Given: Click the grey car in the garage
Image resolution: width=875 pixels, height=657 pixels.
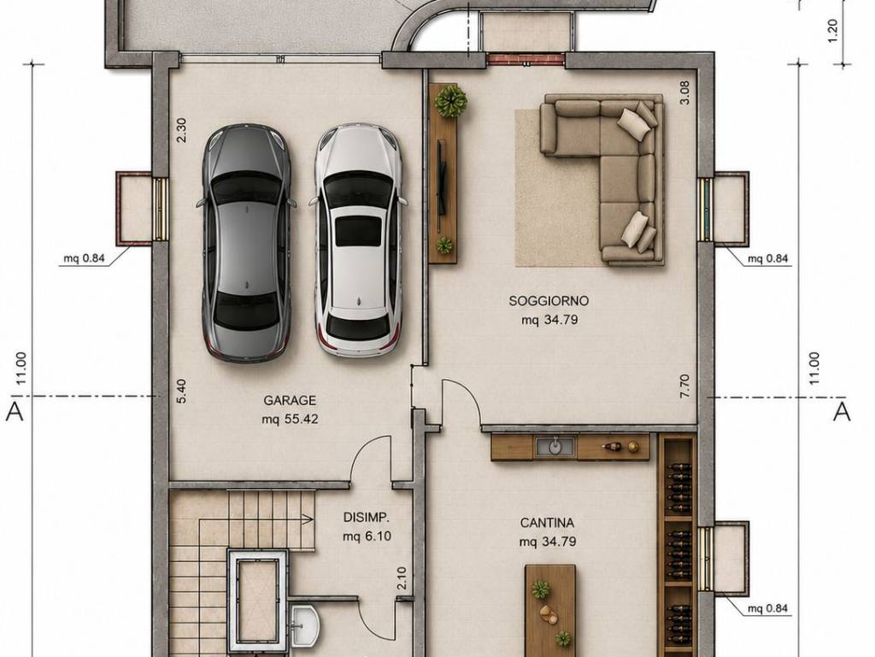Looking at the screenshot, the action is click(246, 242).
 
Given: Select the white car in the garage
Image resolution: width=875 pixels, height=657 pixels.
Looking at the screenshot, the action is click(358, 240).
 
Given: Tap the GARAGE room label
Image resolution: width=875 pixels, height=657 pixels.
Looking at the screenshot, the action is click(290, 400).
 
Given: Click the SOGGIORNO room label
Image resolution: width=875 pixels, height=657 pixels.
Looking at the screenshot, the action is click(549, 301).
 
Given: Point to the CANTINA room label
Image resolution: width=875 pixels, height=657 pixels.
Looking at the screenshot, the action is click(547, 523).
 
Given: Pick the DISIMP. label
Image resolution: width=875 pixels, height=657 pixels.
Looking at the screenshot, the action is click(366, 517).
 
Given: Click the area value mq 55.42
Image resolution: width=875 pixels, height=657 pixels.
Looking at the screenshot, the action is click(290, 419).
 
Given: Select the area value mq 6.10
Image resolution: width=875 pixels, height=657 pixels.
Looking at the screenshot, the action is click(367, 536).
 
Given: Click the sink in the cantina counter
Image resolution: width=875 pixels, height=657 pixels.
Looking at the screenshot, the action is click(555, 447).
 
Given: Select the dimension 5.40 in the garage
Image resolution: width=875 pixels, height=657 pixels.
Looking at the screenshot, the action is click(181, 390).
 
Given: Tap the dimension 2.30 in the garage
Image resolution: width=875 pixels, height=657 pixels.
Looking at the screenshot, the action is click(181, 130).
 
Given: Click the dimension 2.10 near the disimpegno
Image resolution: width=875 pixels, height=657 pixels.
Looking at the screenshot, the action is click(402, 578).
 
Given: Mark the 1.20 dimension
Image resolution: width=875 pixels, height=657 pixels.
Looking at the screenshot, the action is click(832, 31).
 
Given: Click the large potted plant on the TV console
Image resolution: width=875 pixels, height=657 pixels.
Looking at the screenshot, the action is click(451, 101).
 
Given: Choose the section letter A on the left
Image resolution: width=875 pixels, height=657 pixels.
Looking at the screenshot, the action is click(15, 411).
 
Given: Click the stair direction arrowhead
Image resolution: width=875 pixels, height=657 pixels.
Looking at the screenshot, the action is click(307, 519).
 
